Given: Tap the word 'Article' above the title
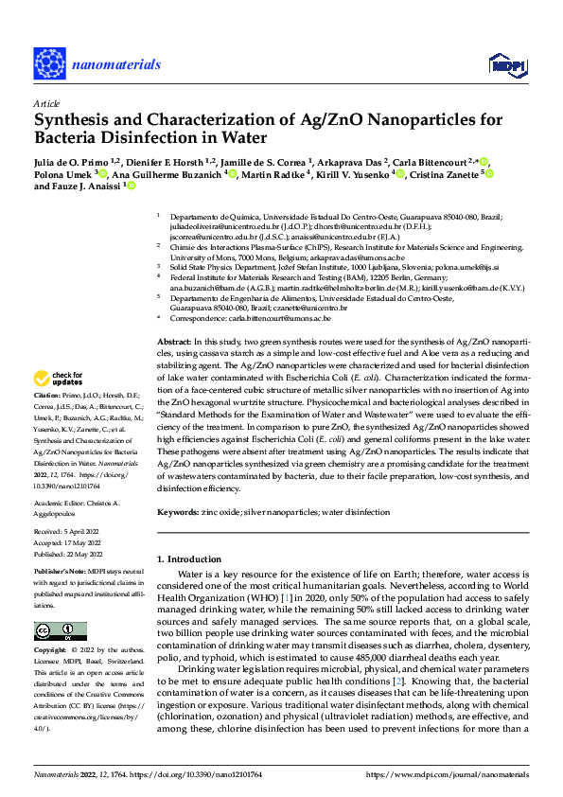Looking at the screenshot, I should pos(45,103).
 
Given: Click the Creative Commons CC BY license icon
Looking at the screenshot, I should pos(61,631).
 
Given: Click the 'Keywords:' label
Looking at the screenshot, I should pos(177,512).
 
